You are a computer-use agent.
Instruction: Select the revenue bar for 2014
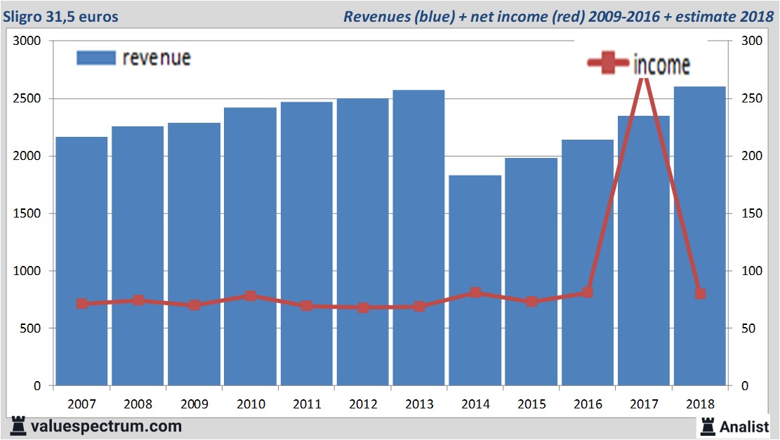475,281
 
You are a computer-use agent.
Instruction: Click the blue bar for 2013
419,239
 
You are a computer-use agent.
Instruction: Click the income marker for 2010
251,295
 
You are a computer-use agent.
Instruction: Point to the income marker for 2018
700,293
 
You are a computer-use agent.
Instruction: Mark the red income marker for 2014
475,293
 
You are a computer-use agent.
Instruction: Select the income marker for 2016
588,292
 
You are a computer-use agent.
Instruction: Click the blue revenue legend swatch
95,58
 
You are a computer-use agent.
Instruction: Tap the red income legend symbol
608,64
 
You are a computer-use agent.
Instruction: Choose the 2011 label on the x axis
307,404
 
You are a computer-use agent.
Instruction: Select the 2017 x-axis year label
644,404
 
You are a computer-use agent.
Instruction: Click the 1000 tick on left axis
28,271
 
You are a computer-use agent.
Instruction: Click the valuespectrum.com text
107,426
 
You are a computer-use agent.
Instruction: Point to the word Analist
745,426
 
